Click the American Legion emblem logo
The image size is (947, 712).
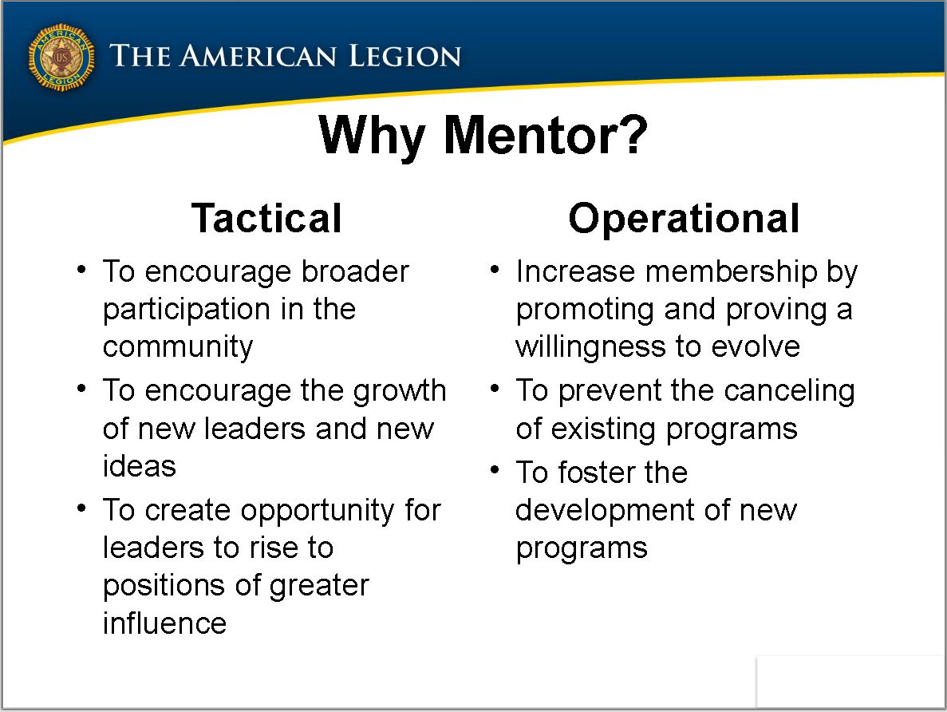pyautogui.click(x=61, y=57)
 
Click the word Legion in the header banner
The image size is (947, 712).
pyautogui.click(x=405, y=56)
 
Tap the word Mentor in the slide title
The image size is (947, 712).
pyautogui.click(x=546, y=136)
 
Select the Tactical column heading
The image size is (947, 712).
pyautogui.click(x=266, y=218)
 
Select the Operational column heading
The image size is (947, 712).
pyautogui.click(x=684, y=218)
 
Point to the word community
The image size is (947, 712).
pyautogui.click(x=178, y=347)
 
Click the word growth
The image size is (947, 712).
pyautogui.click(x=400, y=392)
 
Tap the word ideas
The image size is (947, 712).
pyautogui.click(x=139, y=465)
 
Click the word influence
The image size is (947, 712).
pyautogui.click(x=164, y=623)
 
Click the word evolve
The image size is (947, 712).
pyautogui.click(x=756, y=347)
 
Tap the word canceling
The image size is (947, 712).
pyautogui.click(x=789, y=392)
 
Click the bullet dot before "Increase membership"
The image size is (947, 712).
pyautogui.click(x=495, y=270)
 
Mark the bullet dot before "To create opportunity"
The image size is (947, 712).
pyautogui.click(x=81, y=508)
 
